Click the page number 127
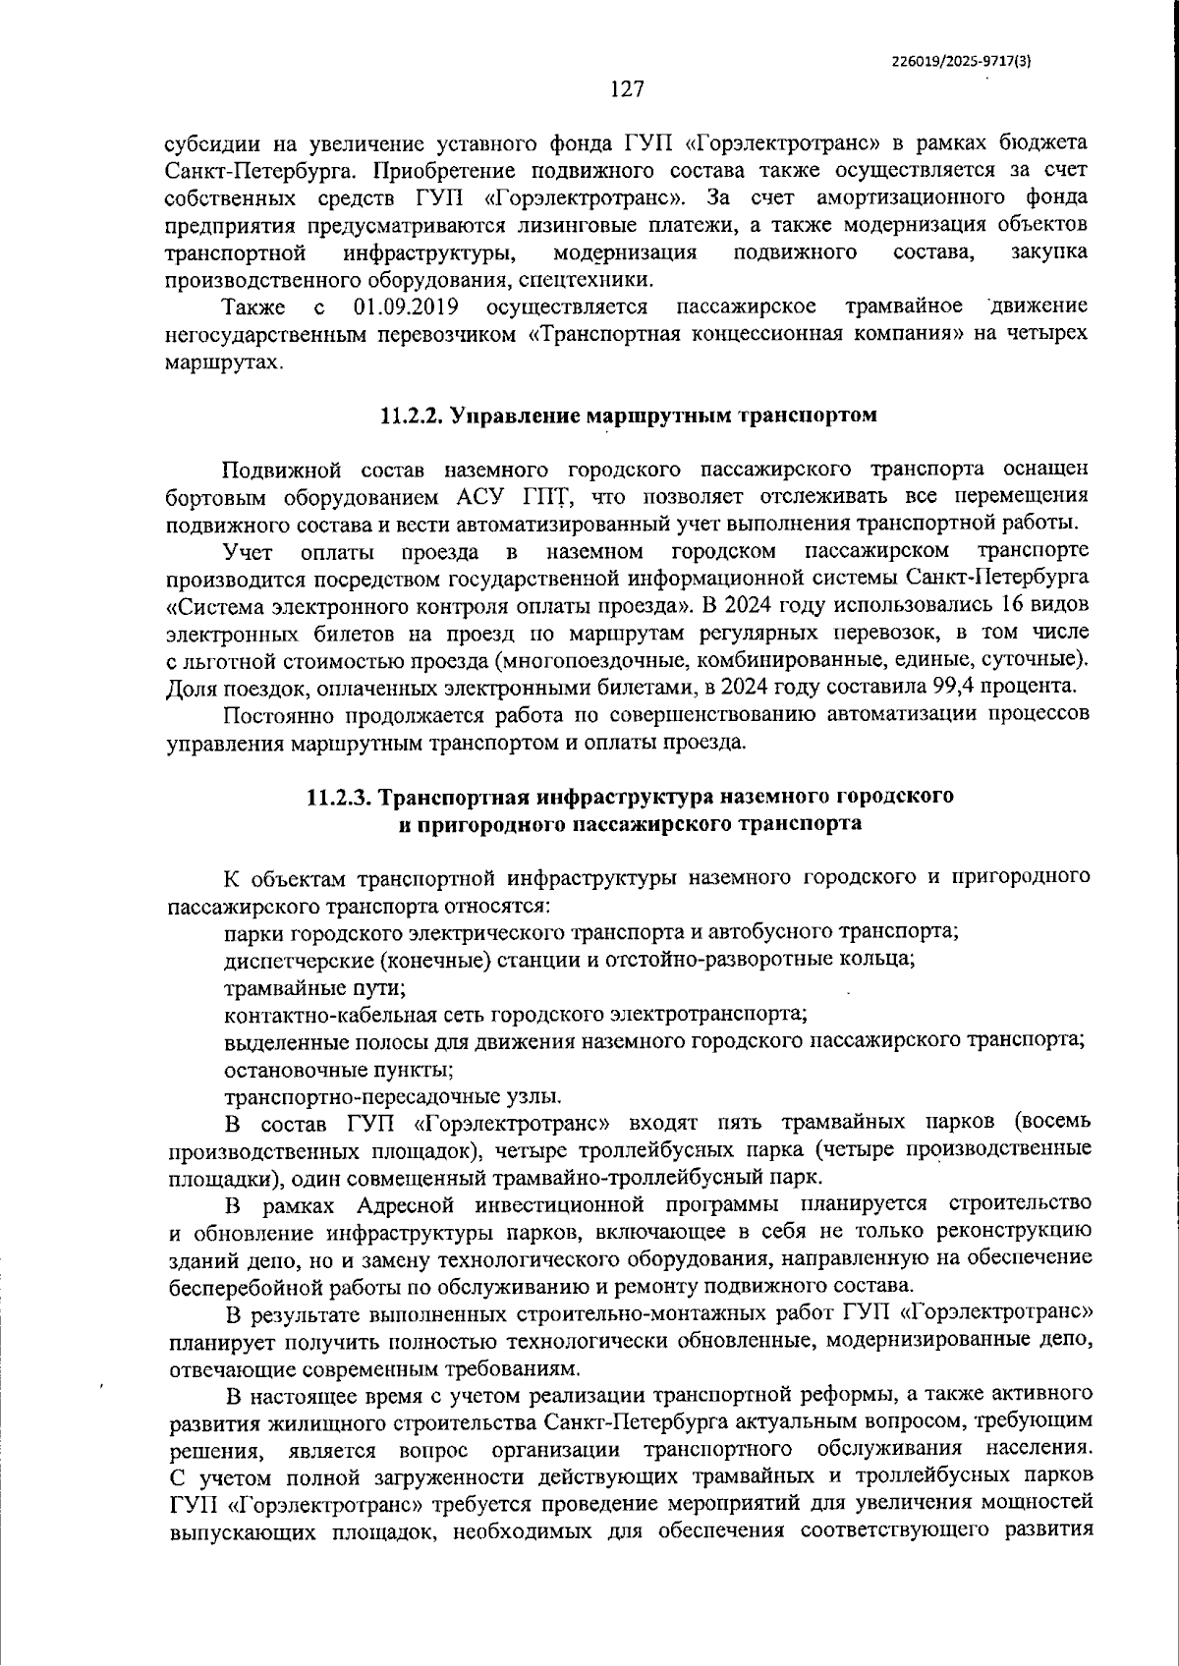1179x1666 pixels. tap(626, 89)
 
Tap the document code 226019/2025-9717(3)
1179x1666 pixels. tap(961, 60)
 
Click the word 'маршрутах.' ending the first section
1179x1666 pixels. tap(225, 361)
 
